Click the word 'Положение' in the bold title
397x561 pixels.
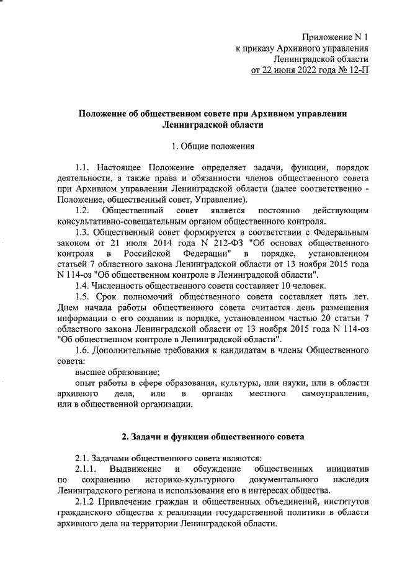(102, 113)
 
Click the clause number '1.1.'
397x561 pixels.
(84, 168)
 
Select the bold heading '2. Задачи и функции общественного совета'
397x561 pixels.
(213, 437)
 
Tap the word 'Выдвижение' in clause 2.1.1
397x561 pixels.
(135, 469)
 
